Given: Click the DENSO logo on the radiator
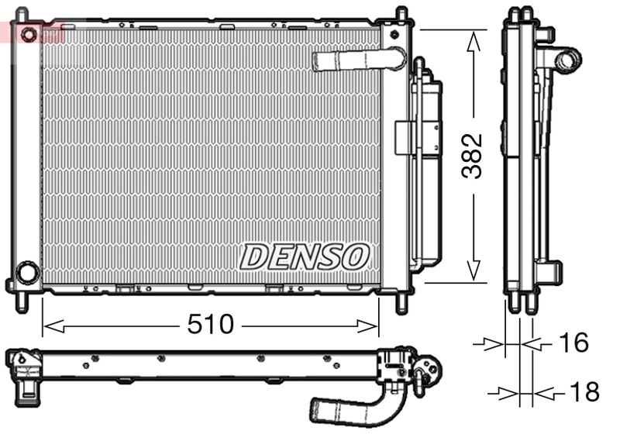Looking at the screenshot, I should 305,256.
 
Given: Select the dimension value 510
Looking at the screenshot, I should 210,325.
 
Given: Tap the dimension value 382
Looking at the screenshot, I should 472,156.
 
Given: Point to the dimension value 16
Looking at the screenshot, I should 573,343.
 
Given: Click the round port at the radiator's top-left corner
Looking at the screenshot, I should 29,35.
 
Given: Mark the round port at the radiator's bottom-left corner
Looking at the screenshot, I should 28,272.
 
